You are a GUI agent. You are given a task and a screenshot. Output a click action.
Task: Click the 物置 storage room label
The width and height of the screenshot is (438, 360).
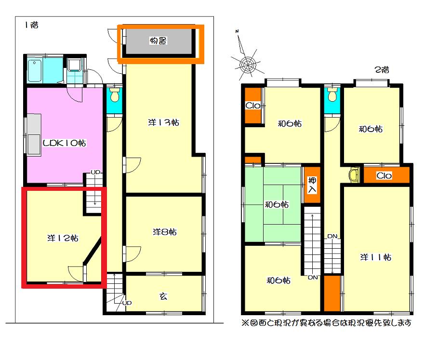tap(158, 41)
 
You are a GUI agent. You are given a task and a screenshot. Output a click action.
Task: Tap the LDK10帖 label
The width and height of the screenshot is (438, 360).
tap(64, 143)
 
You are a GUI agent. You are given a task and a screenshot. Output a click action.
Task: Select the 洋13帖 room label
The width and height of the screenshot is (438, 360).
tap(163, 122)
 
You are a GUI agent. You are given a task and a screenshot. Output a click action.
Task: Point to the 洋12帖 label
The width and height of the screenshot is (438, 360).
tap(63, 238)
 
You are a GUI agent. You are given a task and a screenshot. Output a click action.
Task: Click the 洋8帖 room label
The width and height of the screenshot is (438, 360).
tap(164, 231)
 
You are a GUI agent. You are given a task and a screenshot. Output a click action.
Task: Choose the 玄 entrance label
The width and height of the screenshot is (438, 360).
tap(163, 296)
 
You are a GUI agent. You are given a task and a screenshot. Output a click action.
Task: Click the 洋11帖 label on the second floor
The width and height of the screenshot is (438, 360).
tap(375, 257)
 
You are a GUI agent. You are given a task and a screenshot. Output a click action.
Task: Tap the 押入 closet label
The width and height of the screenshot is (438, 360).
tap(312, 185)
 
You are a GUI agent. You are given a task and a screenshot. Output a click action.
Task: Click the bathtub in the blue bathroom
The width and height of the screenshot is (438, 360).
tap(35, 71)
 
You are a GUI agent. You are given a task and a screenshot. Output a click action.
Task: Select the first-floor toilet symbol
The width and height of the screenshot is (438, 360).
tap(115, 94)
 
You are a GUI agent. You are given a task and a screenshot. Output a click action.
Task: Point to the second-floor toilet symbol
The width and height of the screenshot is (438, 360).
tap(332, 95)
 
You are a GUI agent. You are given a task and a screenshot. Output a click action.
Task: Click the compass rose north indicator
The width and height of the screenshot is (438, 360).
tap(237, 31)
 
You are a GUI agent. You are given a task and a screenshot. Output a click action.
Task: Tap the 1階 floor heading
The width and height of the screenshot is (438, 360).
tap(31, 25)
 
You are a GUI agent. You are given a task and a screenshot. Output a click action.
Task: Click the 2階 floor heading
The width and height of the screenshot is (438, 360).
tap(382, 69)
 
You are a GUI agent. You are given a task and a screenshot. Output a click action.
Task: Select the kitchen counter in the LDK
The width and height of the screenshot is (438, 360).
tap(34, 134)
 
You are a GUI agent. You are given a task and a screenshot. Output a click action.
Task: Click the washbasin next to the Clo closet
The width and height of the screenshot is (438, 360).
tap(354, 175)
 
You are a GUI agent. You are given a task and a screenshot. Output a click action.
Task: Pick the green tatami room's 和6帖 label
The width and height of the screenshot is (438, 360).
tap(277, 204)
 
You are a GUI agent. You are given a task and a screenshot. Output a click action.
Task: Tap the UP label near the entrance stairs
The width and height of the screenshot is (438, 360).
tap(127, 303)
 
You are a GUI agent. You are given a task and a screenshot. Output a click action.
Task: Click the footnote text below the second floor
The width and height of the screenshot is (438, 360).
tap(326, 323)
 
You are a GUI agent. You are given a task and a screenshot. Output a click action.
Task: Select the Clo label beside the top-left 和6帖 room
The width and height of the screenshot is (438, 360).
tap(253, 105)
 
